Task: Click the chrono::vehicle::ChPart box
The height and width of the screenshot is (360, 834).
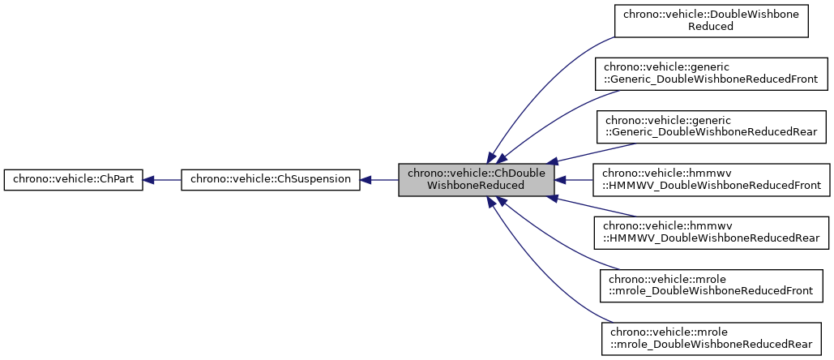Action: click(x=74, y=180)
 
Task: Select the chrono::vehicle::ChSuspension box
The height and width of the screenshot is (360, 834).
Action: click(x=270, y=180)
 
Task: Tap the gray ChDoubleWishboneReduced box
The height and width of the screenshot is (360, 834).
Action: click(x=477, y=179)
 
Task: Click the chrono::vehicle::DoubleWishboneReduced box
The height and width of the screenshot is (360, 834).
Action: click(x=711, y=19)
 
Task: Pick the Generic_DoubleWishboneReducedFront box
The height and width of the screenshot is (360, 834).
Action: click(x=711, y=73)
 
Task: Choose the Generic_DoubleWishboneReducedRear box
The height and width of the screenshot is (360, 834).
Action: click(x=711, y=126)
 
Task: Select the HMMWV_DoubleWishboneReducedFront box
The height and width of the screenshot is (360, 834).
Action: click(x=711, y=179)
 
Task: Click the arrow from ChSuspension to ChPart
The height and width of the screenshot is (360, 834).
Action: click(x=162, y=180)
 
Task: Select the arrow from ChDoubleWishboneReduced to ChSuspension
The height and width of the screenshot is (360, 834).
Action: click(x=379, y=180)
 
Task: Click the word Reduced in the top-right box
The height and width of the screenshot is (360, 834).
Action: click(x=711, y=26)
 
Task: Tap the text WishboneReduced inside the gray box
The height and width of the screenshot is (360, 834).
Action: click(x=477, y=186)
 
